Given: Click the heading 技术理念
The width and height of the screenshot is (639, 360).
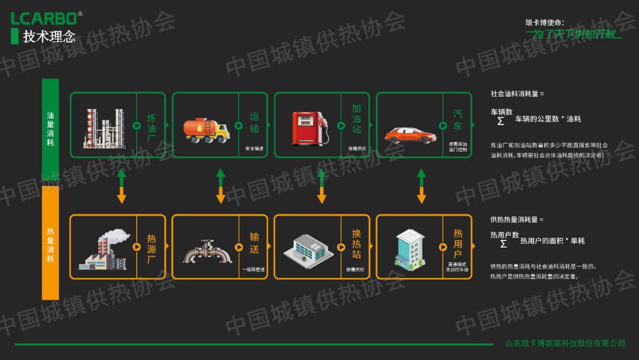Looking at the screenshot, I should (49, 37).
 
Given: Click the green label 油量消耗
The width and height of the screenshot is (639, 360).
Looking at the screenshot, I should (50, 129).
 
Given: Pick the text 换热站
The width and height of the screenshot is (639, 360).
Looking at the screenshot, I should (356, 243).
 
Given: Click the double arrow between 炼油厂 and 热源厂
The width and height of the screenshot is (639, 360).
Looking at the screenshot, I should (121, 186).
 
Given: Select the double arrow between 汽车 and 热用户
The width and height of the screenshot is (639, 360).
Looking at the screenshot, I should (422, 186).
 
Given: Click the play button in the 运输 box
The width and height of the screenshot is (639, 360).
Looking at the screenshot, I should (238, 126).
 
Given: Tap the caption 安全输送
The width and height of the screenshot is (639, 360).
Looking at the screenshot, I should (254, 149).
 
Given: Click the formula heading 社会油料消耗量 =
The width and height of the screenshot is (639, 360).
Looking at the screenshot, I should (517, 94).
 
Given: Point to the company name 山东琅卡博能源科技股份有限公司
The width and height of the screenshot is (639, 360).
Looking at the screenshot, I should (565, 343).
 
